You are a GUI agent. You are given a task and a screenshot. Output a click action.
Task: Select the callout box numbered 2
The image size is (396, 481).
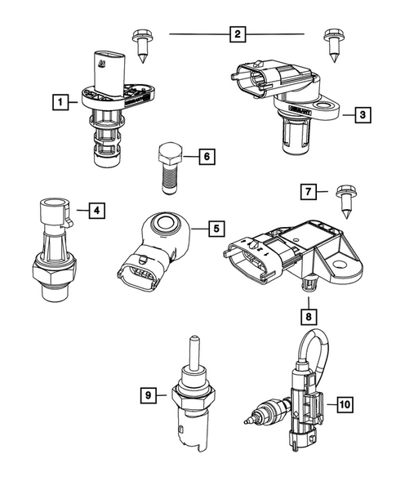click(236, 34)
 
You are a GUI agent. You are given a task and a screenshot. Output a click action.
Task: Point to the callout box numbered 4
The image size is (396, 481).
click(96, 212)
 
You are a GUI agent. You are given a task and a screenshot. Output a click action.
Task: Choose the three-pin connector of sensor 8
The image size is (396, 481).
click(246, 252)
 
